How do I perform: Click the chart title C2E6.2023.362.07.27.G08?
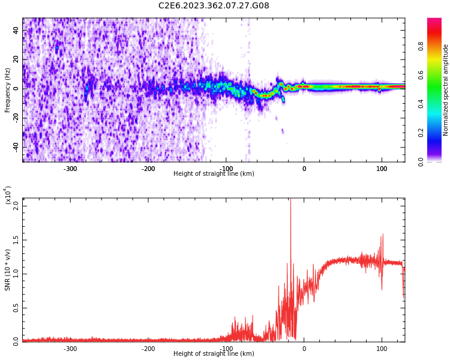214,6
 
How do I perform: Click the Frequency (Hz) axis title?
8,90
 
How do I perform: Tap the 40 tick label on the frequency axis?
16,31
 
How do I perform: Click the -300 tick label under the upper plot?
70,169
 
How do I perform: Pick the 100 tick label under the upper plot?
382,169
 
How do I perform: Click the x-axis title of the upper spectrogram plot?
214,174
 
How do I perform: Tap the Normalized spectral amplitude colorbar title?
446,90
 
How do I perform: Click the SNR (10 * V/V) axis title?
8,269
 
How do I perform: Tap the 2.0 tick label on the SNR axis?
16,205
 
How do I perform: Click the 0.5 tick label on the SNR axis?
16,307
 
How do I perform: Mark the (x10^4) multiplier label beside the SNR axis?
8,194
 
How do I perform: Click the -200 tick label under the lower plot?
148,349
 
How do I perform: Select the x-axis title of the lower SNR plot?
214,354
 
